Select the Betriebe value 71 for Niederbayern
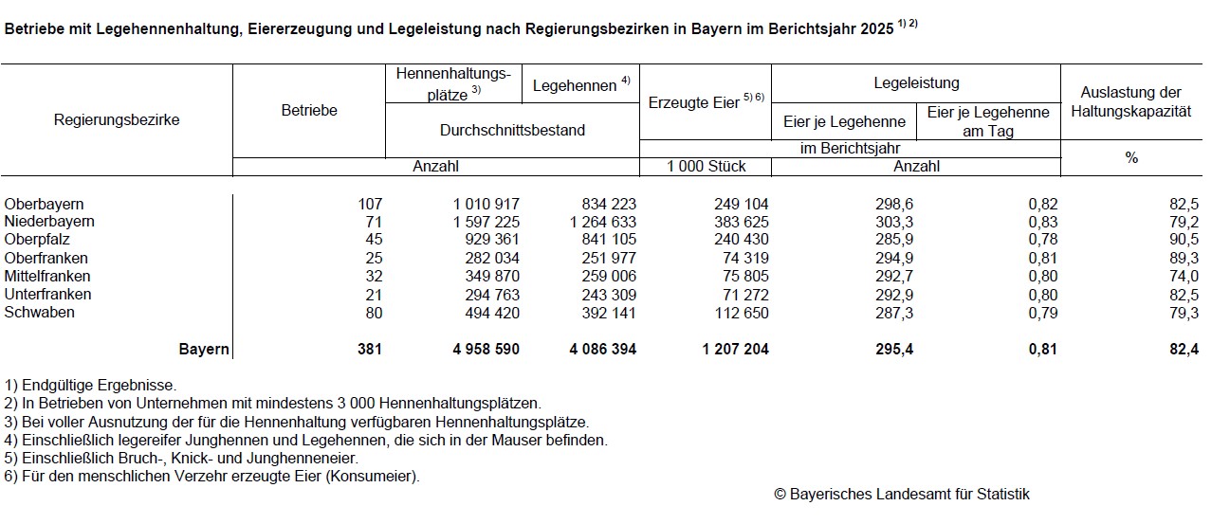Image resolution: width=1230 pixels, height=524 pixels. (372, 222)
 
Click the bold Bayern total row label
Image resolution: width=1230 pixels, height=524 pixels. (204, 350)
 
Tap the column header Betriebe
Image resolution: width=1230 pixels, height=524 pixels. (309, 111)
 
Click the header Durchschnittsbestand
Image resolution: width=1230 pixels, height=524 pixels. (512, 130)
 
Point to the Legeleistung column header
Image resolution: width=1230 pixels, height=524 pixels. (916, 83)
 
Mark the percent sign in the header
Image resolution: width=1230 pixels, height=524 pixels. (1131, 158)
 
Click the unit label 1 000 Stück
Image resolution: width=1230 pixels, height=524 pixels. (706, 167)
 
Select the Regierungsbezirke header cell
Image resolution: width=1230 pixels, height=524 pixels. (117, 120)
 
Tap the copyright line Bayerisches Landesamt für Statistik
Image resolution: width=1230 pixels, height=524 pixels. (901, 494)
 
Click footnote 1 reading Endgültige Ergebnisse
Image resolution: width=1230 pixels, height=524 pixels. (90, 386)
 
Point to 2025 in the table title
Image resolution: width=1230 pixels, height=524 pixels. (875, 29)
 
